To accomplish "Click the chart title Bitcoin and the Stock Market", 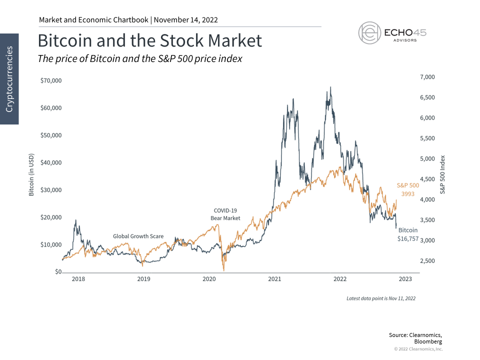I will pyautogui.click(x=150, y=40).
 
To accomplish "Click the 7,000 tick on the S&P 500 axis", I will pyautogui.click(x=428, y=77).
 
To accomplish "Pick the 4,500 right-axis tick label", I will pyautogui.click(x=428, y=179).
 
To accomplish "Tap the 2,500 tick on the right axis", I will pyautogui.click(x=428, y=261).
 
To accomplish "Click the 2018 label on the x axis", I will pyautogui.click(x=78, y=278).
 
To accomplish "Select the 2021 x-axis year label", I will pyautogui.click(x=274, y=278).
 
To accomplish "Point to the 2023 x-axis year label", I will pyautogui.click(x=405, y=278).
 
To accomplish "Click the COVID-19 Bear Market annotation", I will pyautogui.click(x=225, y=214).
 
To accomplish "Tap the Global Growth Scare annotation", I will pyautogui.click(x=138, y=236).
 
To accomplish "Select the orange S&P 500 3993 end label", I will pyautogui.click(x=407, y=189).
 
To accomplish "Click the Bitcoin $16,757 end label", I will pyautogui.click(x=407, y=235).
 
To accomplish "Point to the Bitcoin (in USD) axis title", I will pyautogui.click(x=31, y=174).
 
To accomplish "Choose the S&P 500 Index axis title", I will pyautogui.click(x=442, y=174).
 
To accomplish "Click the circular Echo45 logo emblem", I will pyautogui.click(x=369, y=33).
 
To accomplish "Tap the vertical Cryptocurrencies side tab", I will pyautogui.click(x=9, y=79).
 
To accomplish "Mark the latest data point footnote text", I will pyautogui.click(x=381, y=298).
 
